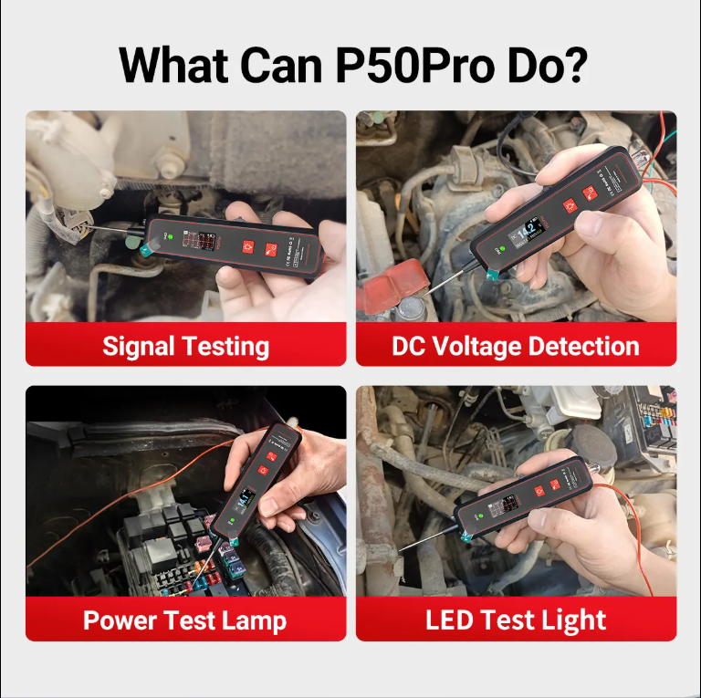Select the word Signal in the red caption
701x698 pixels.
pos(140,347)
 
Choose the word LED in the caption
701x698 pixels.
pos(452,620)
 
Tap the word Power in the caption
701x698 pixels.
pos(120,620)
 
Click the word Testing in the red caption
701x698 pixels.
pos(225,347)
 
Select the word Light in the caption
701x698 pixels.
pos(575,620)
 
